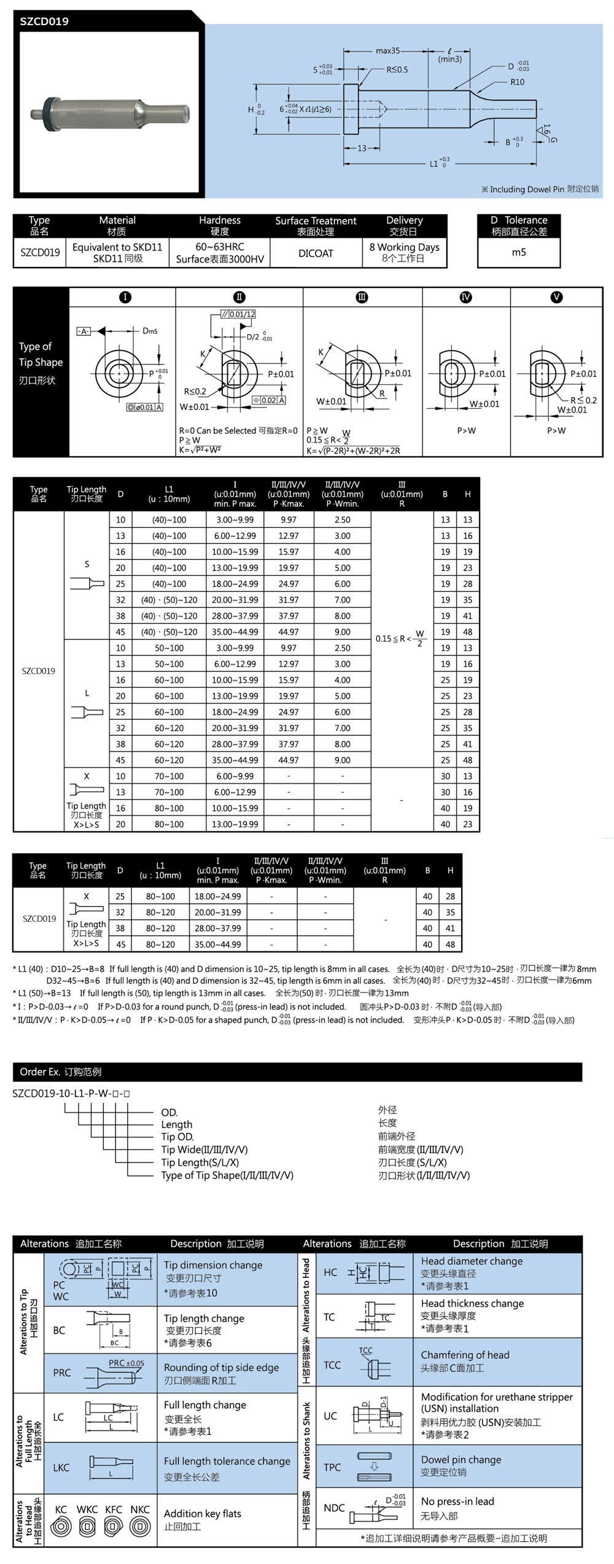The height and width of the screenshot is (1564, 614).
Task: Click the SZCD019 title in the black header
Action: [44, 21]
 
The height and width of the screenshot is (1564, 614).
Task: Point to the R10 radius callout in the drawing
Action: [517, 82]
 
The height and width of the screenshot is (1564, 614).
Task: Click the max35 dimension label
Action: [387, 51]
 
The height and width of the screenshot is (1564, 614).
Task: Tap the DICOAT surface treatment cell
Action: [316, 254]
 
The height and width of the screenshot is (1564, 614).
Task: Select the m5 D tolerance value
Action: [519, 252]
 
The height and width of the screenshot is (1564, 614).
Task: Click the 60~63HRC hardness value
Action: [220, 247]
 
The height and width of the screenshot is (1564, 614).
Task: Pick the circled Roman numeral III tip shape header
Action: [362, 297]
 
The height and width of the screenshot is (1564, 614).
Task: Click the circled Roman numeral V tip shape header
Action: [556, 297]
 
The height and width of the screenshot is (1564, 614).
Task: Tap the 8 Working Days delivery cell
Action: [404, 247]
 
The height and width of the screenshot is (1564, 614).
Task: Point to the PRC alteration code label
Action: [62, 1373]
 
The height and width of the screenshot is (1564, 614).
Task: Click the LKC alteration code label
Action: [61, 1468]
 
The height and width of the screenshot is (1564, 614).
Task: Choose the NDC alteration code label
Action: [334, 1508]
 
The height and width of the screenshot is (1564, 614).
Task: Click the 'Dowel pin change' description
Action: [460, 1460]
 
